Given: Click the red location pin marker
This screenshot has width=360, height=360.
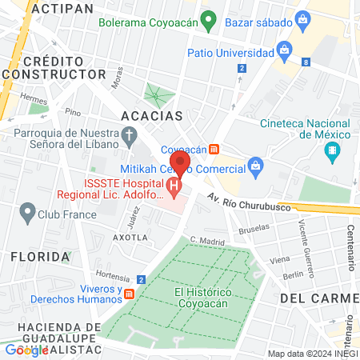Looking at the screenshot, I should [181, 163].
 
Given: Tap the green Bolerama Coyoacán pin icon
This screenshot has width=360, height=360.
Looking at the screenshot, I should [209, 18].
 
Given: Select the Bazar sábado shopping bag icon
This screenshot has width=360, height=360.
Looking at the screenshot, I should [302, 18].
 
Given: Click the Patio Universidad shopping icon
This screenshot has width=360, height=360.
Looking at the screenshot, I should [282, 53].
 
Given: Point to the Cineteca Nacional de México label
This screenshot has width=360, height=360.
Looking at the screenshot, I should [300, 129].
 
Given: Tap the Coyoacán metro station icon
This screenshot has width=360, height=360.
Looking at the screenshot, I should [214, 149].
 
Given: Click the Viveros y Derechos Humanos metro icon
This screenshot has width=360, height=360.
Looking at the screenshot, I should [129, 294].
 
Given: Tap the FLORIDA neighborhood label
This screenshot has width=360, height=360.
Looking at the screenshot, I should [40, 257].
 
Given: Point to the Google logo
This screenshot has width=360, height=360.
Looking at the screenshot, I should [26, 350].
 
